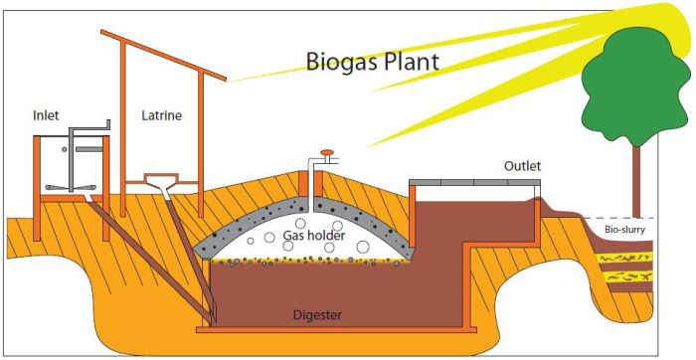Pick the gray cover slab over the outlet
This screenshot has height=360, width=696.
tap(475, 183)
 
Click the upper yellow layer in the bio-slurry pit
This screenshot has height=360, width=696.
tap(624, 256)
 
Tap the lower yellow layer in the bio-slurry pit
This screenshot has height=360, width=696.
tap(624, 276)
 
